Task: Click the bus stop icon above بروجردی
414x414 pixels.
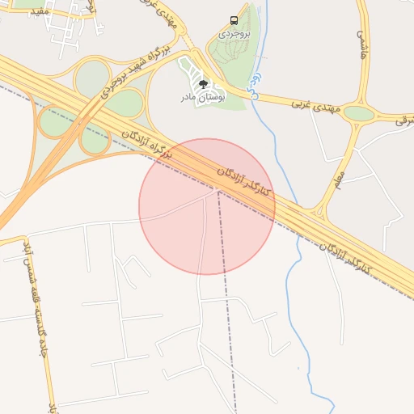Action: pyautogui.click(x=234, y=20)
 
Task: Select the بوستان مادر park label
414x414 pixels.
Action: pyautogui.click(x=202, y=96)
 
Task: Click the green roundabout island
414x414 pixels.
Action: pyautogui.click(x=359, y=113)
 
